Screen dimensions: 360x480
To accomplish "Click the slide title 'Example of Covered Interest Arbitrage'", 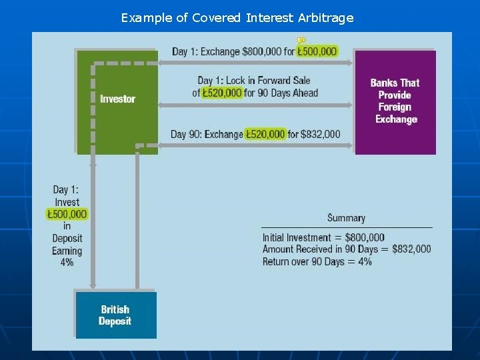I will pyautogui.click(x=237, y=18).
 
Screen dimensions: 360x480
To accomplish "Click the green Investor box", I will pyautogui.click(x=117, y=100).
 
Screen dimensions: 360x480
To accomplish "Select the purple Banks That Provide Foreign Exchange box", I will pyautogui.click(x=395, y=101).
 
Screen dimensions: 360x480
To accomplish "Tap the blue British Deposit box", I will pyautogui.click(x=115, y=315).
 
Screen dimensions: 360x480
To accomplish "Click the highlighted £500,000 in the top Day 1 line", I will pyautogui.click(x=317, y=51).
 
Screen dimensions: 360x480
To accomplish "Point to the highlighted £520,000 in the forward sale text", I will pyautogui.click(x=222, y=93).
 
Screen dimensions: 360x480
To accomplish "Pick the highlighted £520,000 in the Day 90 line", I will pyautogui.click(x=265, y=134).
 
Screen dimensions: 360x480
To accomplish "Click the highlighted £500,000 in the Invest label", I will pyautogui.click(x=67, y=214).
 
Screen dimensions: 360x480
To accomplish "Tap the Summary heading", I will pyautogui.click(x=346, y=218).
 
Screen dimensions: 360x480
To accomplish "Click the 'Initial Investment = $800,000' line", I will pyautogui.click(x=323, y=237).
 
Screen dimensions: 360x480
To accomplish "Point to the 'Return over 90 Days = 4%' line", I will pyautogui.click(x=317, y=261).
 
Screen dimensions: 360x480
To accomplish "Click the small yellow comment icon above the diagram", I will pyautogui.click(x=301, y=40).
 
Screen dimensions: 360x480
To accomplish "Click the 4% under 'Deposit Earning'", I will pyautogui.click(x=67, y=263).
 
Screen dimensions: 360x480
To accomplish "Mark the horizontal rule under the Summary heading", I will pyautogui.click(x=346, y=227).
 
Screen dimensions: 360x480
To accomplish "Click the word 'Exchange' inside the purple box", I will pyautogui.click(x=396, y=119).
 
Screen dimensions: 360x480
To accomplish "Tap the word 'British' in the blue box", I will pyautogui.click(x=115, y=309).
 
